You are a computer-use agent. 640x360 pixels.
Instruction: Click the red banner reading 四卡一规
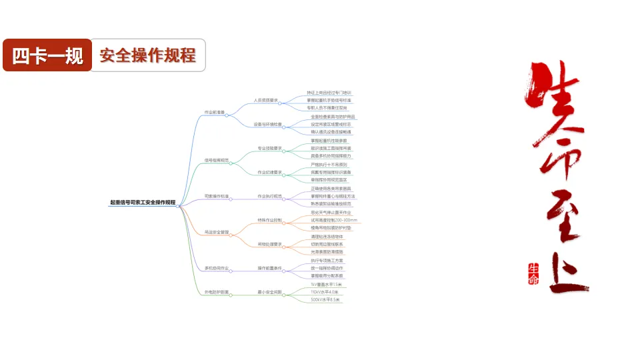point(47,55)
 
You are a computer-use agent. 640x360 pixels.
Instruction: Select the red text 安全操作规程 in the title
point(147,55)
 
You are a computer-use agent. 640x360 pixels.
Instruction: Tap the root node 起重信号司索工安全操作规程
point(143,202)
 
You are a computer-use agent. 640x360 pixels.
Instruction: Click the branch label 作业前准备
point(215,113)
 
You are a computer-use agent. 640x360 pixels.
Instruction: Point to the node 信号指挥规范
point(217,161)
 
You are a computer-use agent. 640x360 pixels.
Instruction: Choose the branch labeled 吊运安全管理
point(217,232)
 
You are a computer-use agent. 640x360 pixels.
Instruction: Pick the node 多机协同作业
point(217,268)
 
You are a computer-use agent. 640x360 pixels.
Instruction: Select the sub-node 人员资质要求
point(265,101)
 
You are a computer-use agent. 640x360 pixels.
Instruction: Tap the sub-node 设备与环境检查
point(267,125)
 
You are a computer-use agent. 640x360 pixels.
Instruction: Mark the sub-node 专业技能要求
point(269,148)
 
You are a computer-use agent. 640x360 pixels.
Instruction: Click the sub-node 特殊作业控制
point(269,220)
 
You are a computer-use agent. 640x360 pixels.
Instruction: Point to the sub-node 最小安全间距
point(269,292)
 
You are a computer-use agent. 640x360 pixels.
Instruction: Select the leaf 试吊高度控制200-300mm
point(334,220)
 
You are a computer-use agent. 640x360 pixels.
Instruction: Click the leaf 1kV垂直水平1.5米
point(325,284)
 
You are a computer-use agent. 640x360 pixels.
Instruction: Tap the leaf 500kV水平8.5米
point(325,299)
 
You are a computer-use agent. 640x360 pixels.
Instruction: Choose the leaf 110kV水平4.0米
point(325,292)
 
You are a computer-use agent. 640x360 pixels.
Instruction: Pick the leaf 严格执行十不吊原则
point(329,164)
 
